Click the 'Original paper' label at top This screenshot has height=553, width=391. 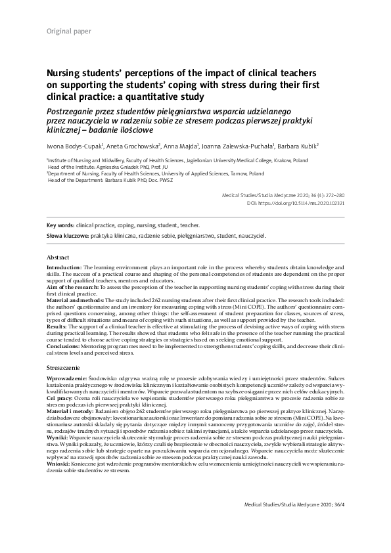[69, 31]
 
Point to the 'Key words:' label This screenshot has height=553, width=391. [60, 225]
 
